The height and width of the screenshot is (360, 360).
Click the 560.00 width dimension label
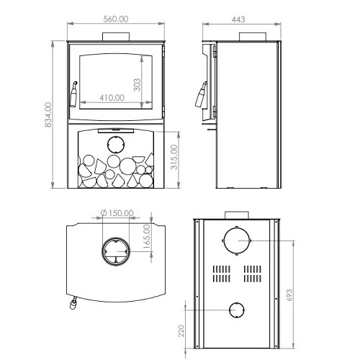[116, 19]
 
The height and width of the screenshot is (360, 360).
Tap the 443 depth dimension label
[238, 19]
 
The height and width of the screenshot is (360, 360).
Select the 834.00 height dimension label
[48, 114]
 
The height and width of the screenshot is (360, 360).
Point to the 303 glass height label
[137, 85]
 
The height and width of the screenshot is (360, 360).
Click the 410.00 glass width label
[112, 98]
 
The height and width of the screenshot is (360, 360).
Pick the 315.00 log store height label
[174, 157]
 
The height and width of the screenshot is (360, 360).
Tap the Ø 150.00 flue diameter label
[117, 213]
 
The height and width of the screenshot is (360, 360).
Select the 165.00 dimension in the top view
[146, 237]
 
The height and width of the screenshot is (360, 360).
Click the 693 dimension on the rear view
[289, 295]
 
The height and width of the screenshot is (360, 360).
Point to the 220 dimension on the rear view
[181, 330]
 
